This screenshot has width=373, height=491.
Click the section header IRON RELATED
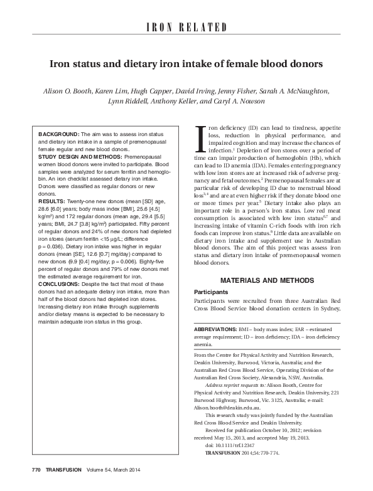186,27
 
